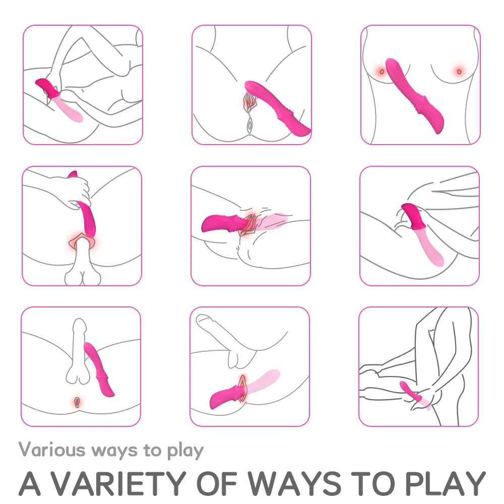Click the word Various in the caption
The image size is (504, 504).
(x=52, y=450)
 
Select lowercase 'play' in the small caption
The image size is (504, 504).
(x=185, y=451)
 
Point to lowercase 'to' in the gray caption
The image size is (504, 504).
(x=152, y=450)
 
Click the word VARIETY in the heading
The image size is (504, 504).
(x=119, y=483)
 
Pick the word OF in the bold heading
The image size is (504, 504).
(x=216, y=483)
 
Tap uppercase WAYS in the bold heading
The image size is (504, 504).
(x=294, y=483)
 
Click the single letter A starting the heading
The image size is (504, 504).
(x=30, y=483)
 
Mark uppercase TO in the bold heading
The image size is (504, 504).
(x=372, y=483)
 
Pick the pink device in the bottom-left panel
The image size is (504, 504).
(x=99, y=369)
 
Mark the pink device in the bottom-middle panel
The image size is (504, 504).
(x=244, y=390)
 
